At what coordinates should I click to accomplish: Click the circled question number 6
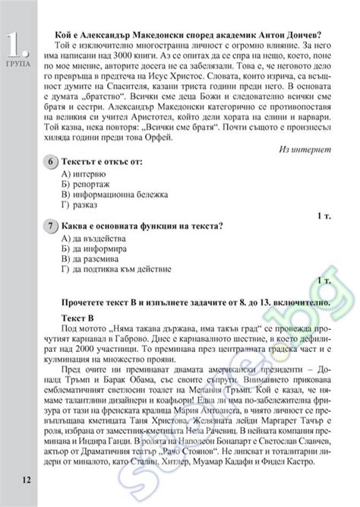point(50,163)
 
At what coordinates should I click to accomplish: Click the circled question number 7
point(50,227)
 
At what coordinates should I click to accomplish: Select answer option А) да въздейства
point(92,239)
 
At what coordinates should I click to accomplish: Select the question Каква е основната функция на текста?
point(144,227)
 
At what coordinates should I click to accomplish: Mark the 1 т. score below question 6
point(324,217)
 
